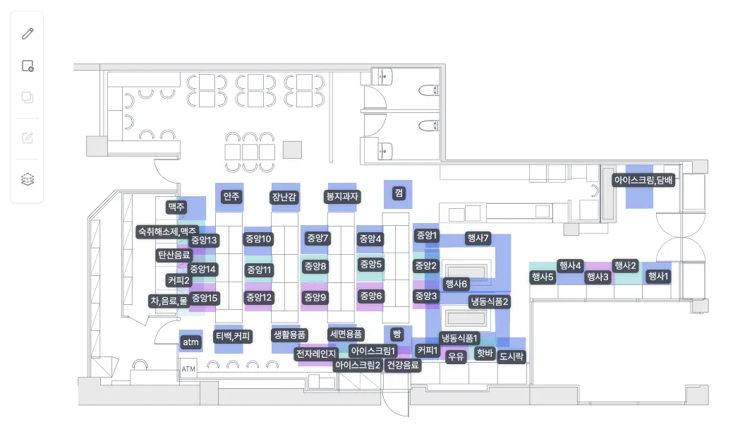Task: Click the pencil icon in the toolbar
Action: (x=28, y=34)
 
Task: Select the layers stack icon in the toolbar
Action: (x=28, y=179)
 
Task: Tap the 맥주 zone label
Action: (x=176, y=207)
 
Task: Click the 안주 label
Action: (x=231, y=196)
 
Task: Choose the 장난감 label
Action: (x=284, y=197)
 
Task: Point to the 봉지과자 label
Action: (x=343, y=196)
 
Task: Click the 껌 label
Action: (x=399, y=193)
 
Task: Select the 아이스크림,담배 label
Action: (x=643, y=180)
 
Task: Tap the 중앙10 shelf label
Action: (x=258, y=239)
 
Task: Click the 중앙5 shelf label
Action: (x=370, y=264)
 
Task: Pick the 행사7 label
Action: (x=478, y=238)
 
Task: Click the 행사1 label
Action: (x=658, y=276)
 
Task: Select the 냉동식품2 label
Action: (x=490, y=301)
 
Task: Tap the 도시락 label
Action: (x=511, y=356)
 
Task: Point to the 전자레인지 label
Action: (x=316, y=354)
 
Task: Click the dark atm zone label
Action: (x=190, y=342)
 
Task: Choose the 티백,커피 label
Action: (x=233, y=336)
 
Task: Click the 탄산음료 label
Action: (x=174, y=255)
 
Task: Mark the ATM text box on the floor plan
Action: (x=188, y=369)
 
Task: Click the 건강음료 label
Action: (x=403, y=365)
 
